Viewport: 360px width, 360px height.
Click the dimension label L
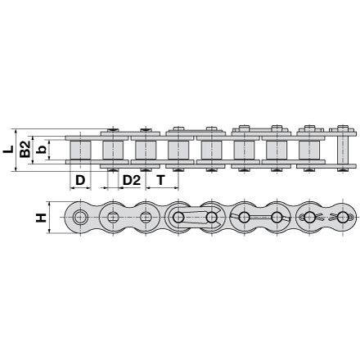click(x=8, y=150)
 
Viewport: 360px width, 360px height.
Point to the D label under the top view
click(x=80, y=179)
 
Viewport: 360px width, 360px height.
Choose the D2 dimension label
click(x=131, y=179)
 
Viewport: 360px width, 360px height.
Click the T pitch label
click(x=160, y=179)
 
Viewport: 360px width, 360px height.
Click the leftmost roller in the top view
click(x=80, y=150)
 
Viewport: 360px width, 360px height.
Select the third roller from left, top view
click(x=146, y=150)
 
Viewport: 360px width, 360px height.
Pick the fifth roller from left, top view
click(x=211, y=150)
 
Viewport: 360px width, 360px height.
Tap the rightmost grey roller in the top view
click(x=309, y=150)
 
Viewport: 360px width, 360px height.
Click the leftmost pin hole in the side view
click(x=80, y=218)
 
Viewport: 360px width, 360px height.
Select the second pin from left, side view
click(x=113, y=218)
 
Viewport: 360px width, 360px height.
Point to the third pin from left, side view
click(x=146, y=218)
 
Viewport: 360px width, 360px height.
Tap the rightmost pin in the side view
click(x=342, y=218)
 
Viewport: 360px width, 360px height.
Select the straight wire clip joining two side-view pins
click(x=260, y=218)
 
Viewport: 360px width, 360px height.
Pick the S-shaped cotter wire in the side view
click(x=326, y=218)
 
